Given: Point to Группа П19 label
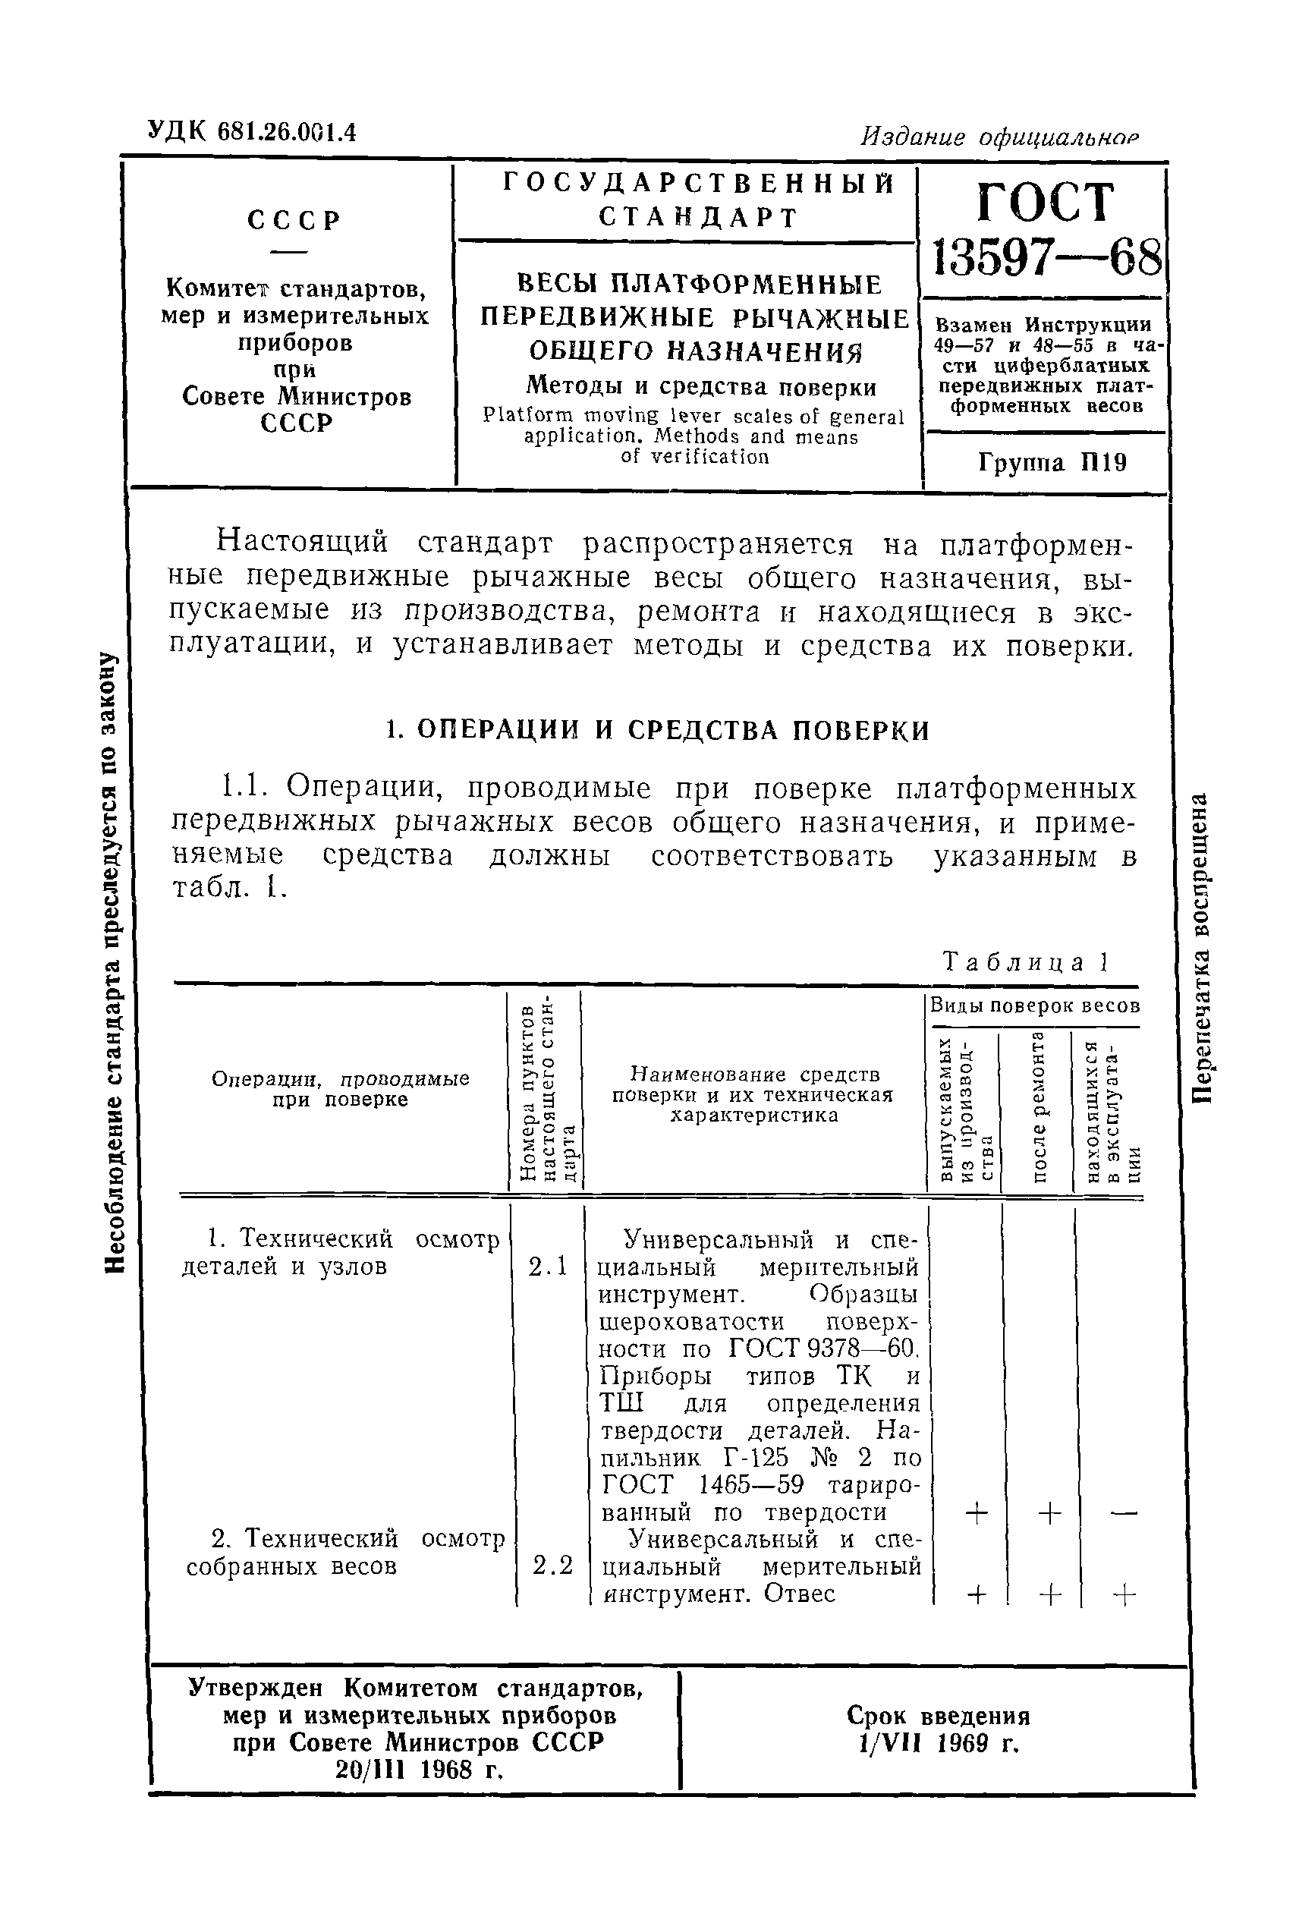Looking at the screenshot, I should coord(1052,462).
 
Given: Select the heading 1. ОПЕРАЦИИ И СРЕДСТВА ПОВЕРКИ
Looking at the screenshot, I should coord(658,730).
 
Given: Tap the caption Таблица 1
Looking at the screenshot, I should coord(1027,961).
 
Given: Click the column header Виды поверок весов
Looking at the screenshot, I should coord(1035,1005).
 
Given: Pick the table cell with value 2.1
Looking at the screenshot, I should coord(549,1266).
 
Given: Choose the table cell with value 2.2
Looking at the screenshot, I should coord(552,1565).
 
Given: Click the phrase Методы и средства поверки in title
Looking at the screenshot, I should coord(702,386).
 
